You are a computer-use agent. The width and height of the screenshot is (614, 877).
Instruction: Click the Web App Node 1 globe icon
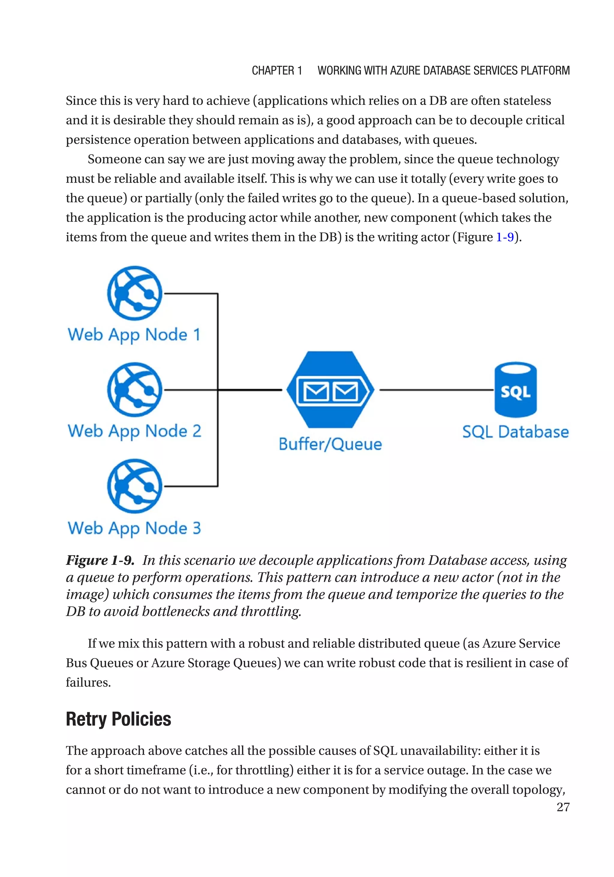pos(135,293)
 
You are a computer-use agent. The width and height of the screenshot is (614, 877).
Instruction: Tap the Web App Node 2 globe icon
pos(135,390)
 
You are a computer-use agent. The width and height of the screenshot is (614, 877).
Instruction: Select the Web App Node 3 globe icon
pos(135,486)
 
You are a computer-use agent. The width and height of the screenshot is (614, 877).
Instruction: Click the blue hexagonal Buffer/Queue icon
pos(330,390)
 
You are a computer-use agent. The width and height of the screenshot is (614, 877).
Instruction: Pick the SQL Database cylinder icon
pos(515,390)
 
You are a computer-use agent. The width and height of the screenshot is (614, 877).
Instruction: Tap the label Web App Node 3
pos(134,528)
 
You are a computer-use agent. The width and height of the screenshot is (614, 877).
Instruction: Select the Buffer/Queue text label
pos(330,444)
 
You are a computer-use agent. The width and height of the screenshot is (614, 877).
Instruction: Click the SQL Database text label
pos(515,432)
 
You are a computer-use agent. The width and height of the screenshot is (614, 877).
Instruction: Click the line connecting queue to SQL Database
pos(436,390)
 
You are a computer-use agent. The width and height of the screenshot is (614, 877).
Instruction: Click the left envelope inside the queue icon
pos(316,391)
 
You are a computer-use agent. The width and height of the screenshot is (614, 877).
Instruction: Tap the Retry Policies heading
pos(118,719)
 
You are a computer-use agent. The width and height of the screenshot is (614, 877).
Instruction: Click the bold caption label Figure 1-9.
pos(100,560)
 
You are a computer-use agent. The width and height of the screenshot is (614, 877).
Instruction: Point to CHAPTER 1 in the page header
pos(277,71)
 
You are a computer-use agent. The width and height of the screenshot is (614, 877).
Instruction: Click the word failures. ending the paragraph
pos(88,682)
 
